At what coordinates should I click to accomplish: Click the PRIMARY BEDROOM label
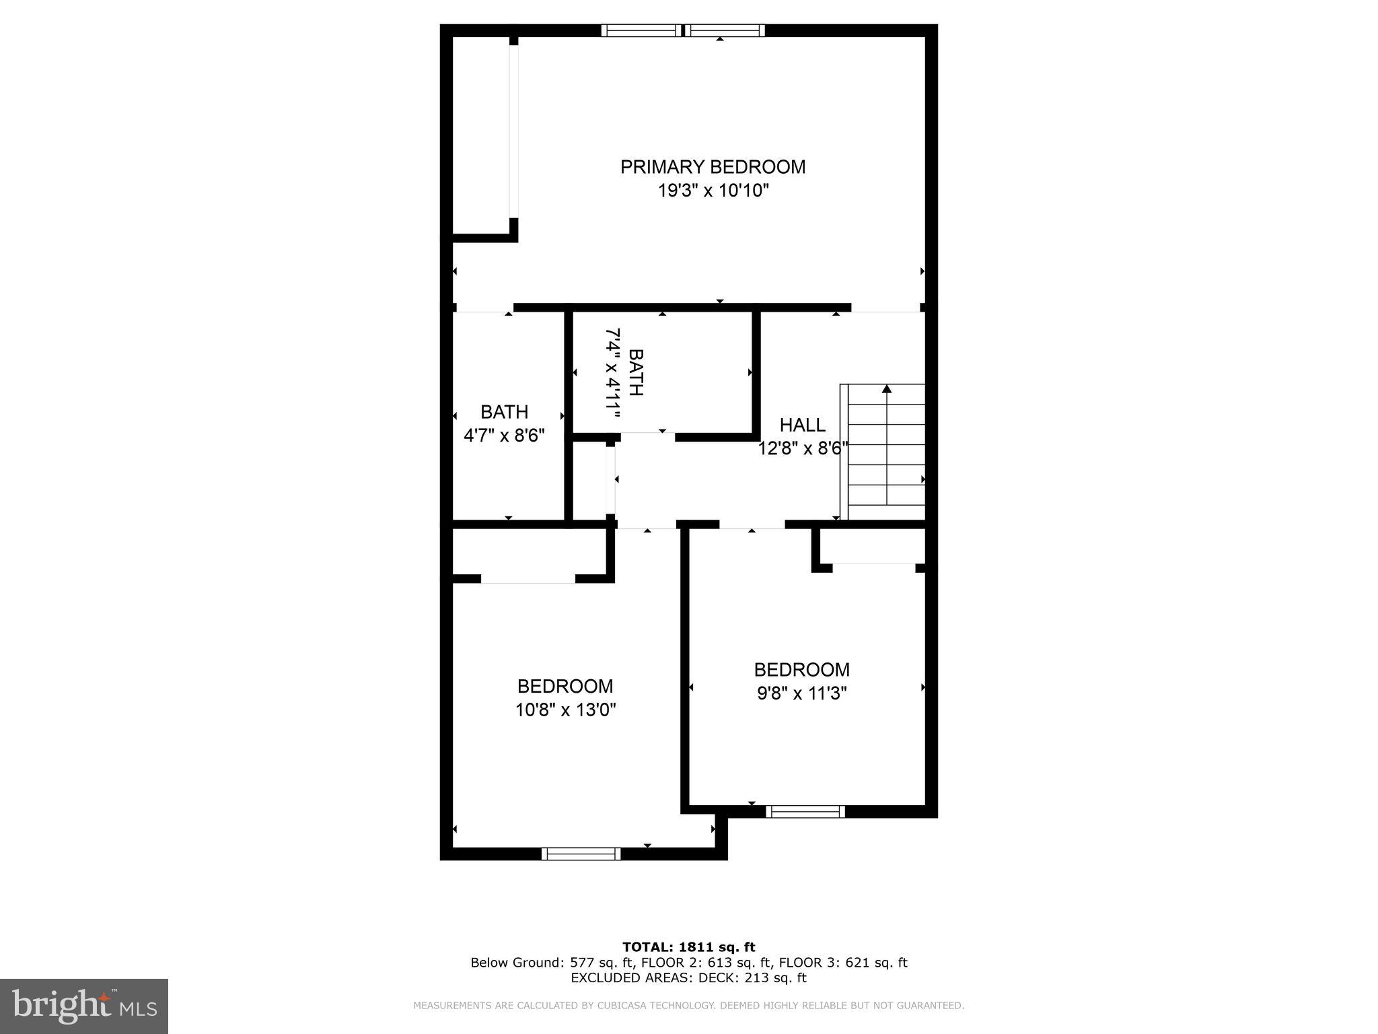(x=713, y=167)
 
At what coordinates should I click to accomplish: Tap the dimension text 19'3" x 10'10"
(x=713, y=191)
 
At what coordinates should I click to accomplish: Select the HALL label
(x=802, y=425)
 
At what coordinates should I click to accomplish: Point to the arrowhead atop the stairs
(x=887, y=389)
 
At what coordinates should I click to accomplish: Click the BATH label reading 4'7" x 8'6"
(x=504, y=423)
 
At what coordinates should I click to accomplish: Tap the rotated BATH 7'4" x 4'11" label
(x=624, y=372)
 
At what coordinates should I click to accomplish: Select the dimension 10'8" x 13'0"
(x=565, y=710)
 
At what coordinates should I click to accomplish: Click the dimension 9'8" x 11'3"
(x=801, y=693)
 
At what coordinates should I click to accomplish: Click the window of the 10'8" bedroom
(x=581, y=854)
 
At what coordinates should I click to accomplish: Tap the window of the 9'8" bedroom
(x=805, y=812)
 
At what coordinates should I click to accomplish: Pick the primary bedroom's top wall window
(x=683, y=30)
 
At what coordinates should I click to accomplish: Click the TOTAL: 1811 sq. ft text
(x=688, y=948)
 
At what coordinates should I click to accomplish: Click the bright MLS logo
(x=83, y=1006)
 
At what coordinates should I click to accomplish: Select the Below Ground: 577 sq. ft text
(x=552, y=963)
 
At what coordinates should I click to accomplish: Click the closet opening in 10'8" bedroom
(x=528, y=580)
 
